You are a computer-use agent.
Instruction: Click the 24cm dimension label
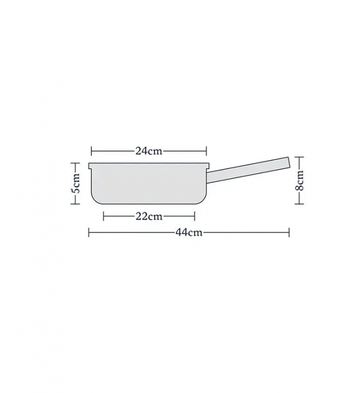(x=149, y=150)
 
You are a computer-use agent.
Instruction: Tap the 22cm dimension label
(x=149, y=217)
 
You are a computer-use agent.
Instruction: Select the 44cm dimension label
(x=188, y=232)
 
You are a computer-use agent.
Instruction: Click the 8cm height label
(x=301, y=181)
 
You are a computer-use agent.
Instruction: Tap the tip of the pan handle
(x=288, y=162)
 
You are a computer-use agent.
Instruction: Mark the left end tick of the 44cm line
(x=89, y=232)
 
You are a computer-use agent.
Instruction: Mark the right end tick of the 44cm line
(x=289, y=232)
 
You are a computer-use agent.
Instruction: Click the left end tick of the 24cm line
(x=91, y=150)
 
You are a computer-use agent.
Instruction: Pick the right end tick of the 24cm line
(x=207, y=150)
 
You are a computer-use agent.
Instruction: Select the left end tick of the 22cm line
(x=104, y=217)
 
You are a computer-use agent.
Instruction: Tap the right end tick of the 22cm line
(x=195, y=217)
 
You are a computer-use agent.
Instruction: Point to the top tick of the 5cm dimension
(x=76, y=163)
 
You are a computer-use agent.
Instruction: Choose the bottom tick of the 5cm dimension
(x=76, y=204)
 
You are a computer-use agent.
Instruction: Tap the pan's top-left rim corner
(x=90, y=164)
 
